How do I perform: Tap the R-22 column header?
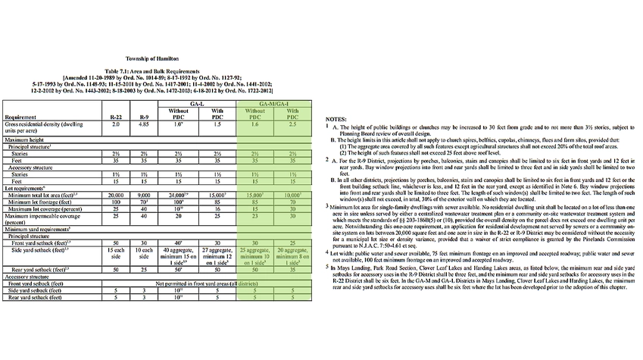117,118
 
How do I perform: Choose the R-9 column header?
144,118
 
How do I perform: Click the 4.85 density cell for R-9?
144,126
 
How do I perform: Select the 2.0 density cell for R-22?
117,126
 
